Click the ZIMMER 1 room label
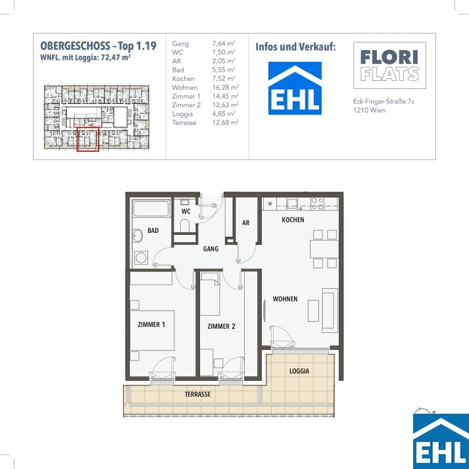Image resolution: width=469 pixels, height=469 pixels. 151,324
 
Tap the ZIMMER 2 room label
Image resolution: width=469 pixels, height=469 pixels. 221,326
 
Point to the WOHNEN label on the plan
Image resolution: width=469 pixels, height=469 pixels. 285,299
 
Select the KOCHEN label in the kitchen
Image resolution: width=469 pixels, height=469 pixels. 293,220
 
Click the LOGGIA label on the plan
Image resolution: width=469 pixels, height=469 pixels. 299,371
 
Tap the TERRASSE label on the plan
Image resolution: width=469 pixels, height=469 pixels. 198,394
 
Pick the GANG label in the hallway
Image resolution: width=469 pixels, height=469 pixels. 210,249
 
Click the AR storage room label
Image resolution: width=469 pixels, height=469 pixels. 246,223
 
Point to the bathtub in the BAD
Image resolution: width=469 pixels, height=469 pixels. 151,209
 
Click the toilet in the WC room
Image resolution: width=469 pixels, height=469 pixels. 185,226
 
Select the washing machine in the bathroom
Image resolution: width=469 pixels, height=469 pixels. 141,258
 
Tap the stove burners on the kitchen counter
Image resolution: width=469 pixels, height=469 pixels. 317,204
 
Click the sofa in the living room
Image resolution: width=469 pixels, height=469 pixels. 330,310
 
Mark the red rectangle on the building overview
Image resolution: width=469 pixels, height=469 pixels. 87,139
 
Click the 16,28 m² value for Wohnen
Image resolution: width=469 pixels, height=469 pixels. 226,87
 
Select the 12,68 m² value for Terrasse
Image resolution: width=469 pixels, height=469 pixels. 226,122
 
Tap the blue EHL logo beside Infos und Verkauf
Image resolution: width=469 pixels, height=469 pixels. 295,88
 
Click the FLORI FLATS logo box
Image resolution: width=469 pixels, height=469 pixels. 389,65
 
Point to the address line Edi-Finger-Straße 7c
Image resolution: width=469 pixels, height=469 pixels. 384,101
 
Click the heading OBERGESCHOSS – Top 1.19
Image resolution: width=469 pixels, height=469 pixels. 99,46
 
